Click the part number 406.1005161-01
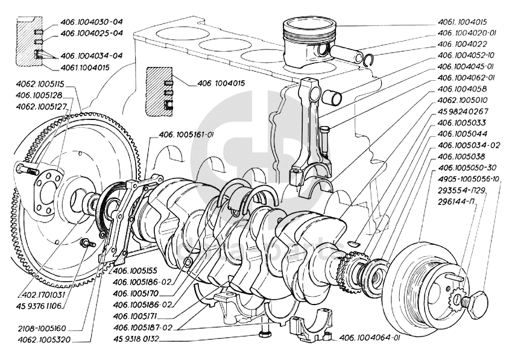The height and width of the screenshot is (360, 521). pyautogui.click(x=187, y=135)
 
